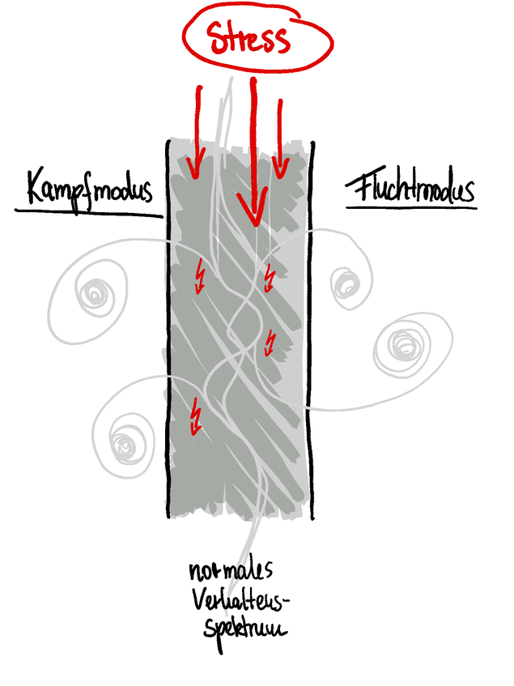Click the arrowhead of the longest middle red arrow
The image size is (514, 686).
(x=253, y=214)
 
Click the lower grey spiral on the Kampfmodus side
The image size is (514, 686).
(x=125, y=442)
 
